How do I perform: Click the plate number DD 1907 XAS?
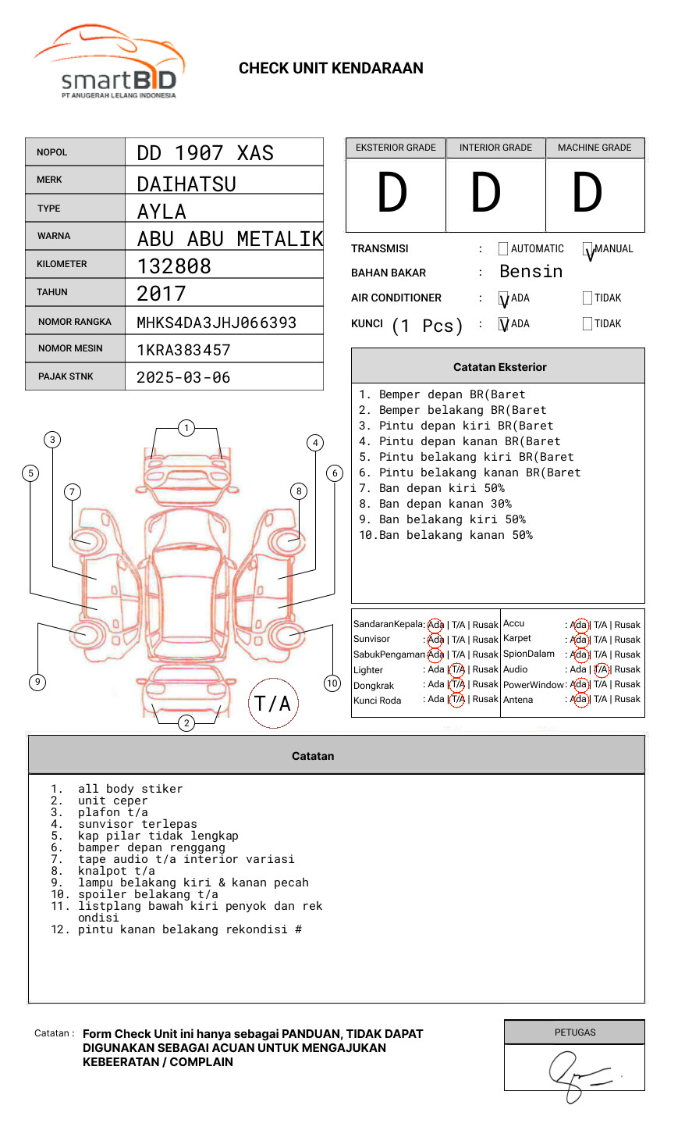(x=205, y=153)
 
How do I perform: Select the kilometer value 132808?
(x=174, y=266)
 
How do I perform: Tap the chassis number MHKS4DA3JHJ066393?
(x=216, y=323)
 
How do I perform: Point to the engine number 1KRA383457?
(x=183, y=350)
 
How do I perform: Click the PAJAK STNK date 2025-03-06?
(x=183, y=377)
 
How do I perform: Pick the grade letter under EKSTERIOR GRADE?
(x=392, y=194)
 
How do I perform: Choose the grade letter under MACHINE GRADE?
(x=587, y=194)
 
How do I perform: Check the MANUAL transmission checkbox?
(x=587, y=249)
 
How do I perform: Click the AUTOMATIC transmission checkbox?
(x=503, y=249)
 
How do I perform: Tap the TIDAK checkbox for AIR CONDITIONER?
(x=587, y=298)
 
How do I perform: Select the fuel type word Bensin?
(x=531, y=272)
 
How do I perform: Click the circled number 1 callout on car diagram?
(x=186, y=428)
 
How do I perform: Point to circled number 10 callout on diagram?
(x=332, y=683)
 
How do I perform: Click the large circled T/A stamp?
(x=273, y=703)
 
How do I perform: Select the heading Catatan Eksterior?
(x=499, y=367)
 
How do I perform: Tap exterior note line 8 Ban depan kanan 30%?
(x=445, y=504)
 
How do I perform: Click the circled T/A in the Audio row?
(x=601, y=669)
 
